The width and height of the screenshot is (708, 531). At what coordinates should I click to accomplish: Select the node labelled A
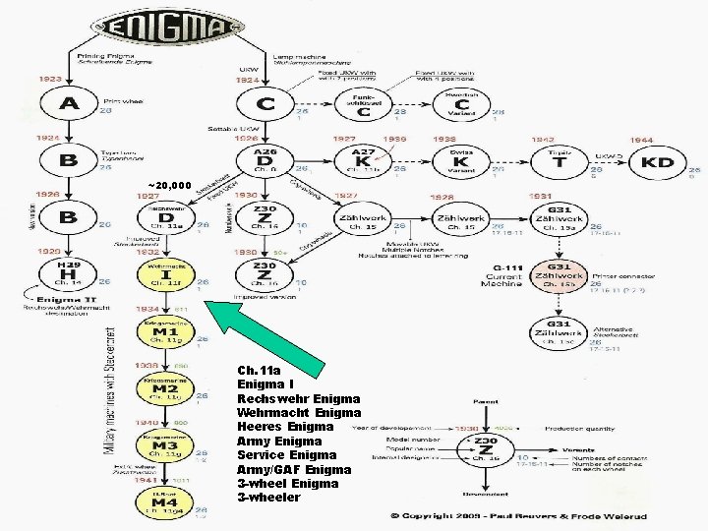coord(69,102)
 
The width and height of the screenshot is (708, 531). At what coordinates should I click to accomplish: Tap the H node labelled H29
coord(69,273)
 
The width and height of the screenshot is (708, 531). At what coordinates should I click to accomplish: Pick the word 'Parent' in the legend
coord(486,401)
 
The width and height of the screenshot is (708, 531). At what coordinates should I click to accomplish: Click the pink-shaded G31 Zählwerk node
coord(558,276)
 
